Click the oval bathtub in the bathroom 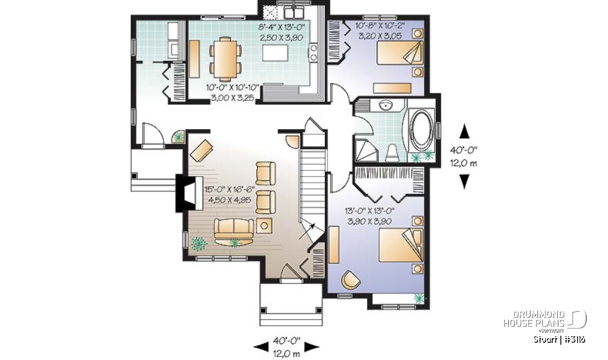click(421, 131)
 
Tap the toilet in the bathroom click(392, 153)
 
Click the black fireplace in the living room click(189, 193)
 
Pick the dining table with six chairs click(225, 59)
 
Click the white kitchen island click(275, 53)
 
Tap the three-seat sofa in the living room click(234, 228)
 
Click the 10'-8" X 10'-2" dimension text click(380, 25)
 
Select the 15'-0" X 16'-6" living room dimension click(230, 189)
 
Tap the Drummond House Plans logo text click(534, 319)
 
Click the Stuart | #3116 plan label click(559, 339)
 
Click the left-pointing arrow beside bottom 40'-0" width click(261, 347)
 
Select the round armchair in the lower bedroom click(351, 279)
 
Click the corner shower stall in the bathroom click(366, 151)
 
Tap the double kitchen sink click(294, 13)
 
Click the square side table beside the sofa click(264, 225)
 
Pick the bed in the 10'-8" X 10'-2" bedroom click(400, 53)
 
